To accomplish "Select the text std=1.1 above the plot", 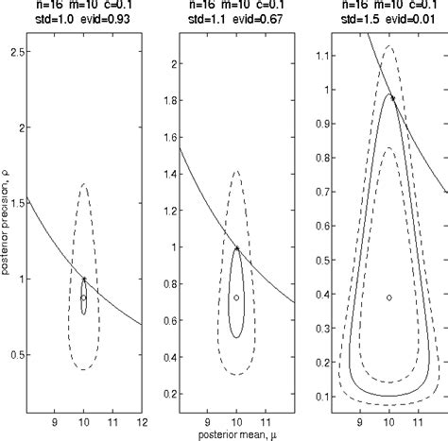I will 199,20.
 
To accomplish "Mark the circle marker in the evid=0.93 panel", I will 83,297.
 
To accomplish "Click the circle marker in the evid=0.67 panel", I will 236,297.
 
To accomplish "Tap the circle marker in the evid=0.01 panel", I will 388,297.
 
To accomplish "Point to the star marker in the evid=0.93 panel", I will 84,280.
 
